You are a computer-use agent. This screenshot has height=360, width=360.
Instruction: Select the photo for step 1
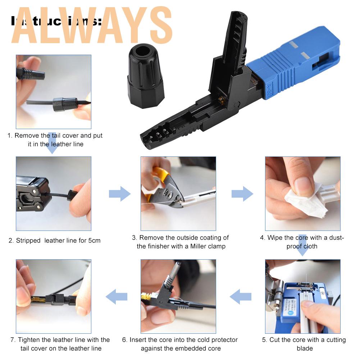click(53, 92)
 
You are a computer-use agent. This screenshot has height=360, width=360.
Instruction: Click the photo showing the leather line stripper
click(53, 193)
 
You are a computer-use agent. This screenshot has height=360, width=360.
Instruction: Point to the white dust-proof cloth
click(306, 201)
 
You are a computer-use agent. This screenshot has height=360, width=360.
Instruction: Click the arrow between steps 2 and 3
click(119, 194)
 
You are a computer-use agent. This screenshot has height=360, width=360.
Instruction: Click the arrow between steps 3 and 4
click(242, 194)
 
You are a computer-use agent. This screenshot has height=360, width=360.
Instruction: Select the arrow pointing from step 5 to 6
click(241, 296)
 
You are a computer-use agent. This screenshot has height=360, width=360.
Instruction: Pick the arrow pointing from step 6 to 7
click(117, 296)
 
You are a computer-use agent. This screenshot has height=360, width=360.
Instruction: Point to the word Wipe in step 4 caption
click(275, 238)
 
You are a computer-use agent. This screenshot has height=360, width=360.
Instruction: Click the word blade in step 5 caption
click(305, 348)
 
